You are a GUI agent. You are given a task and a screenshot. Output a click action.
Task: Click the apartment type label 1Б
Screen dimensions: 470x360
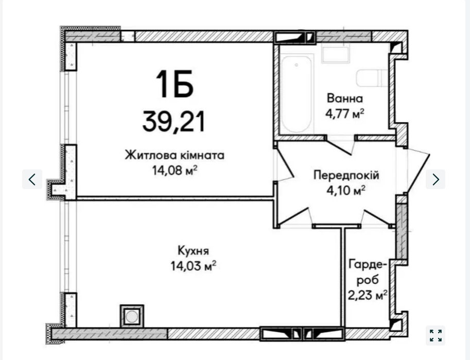175,84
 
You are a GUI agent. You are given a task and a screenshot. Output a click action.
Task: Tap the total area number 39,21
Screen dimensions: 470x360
174,122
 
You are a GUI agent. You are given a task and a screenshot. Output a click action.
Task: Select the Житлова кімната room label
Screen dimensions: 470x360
175,156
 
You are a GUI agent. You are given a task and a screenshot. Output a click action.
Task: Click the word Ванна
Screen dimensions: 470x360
345,98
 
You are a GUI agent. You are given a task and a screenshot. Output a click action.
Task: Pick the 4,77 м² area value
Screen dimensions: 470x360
345,113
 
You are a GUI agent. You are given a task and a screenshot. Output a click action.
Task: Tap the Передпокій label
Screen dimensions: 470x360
346,175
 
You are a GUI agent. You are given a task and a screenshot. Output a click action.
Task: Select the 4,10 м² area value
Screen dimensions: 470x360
346,190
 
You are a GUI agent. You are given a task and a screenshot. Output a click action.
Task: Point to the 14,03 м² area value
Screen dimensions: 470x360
194,266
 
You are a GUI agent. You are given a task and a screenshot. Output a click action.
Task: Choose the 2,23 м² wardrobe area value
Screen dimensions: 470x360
368,295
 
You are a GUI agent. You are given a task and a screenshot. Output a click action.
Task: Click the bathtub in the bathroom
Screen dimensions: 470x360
297,94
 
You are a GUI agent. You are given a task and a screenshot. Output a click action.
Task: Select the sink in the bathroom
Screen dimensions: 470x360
336,54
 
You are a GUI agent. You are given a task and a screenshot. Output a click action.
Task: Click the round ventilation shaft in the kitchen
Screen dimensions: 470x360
132,316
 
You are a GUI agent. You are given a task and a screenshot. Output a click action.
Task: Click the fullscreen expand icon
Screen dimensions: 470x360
436,335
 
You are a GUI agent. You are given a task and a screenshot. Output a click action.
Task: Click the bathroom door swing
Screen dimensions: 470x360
340,146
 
